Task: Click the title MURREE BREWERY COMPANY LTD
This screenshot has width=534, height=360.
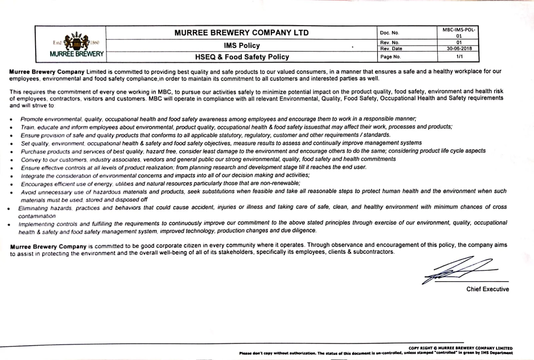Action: tap(241, 33)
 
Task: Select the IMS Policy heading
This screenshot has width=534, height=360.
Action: tap(242, 45)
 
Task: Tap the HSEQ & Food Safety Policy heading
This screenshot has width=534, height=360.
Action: tap(242, 57)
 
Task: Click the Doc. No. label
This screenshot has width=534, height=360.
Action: tap(389, 33)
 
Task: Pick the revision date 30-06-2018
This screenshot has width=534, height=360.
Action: tap(459, 48)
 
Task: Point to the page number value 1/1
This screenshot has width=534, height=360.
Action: tap(459, 56)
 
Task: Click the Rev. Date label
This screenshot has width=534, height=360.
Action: tap(391, 49)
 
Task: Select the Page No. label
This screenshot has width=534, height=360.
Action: tap(390, 57)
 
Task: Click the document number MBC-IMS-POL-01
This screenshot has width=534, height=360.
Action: tap(459, 33)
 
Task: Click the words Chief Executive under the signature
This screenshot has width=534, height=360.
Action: tap(487, 289)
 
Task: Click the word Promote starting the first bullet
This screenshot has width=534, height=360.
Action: tap(32, 119)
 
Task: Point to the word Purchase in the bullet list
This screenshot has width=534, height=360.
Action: tap(33, 152)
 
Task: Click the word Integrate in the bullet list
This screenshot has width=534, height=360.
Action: tap(33, 176)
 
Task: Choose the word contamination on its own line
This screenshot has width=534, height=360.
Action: tap(37, 216)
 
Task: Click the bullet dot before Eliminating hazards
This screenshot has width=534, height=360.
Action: tap(8, 209)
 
